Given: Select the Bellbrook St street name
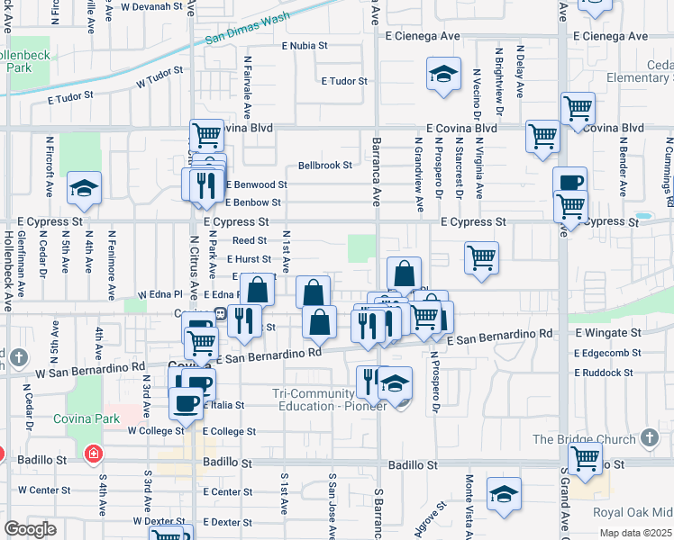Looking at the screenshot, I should point(324,166).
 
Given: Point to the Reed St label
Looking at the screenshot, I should point(250,240).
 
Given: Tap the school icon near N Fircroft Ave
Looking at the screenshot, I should point(84,188).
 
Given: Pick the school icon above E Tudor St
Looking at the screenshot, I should point(443,75).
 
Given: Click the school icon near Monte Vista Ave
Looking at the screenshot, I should point(504,493).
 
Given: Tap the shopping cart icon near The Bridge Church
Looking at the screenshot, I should point(586,459).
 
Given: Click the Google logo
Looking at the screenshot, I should point(30,529).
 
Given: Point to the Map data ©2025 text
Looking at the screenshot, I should point(635,533).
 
